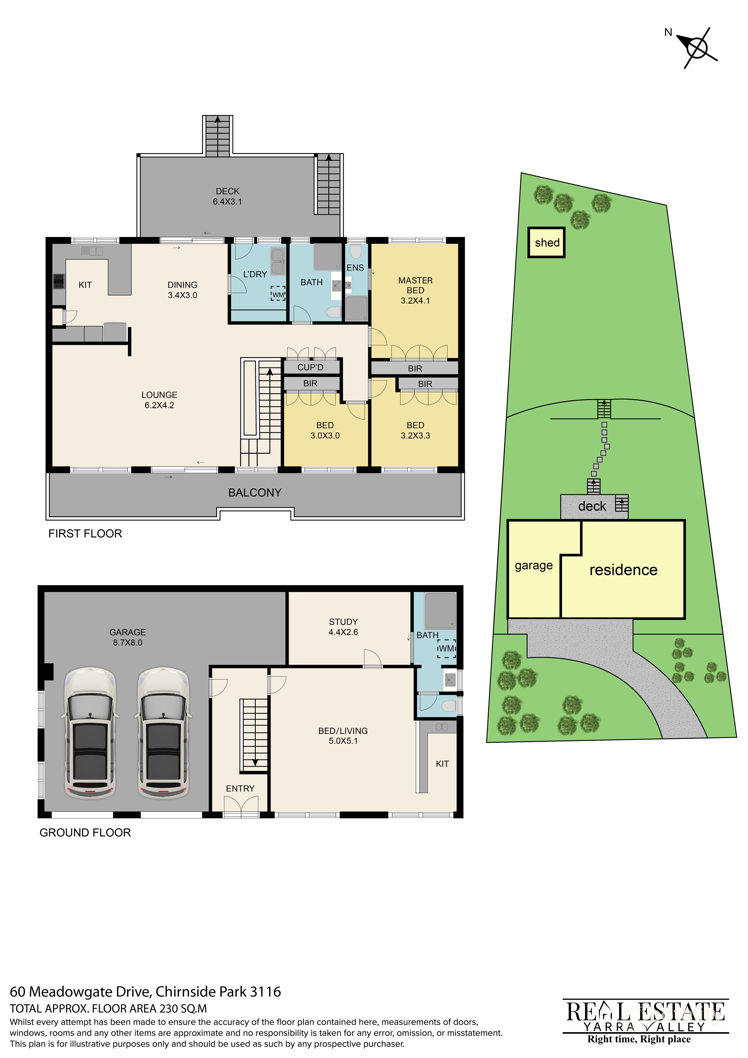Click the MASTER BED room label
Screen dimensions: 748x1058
(x=415, y=290)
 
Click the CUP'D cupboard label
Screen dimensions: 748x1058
(x=310, y=367)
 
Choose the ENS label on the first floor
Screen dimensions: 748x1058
(x=355, y=268)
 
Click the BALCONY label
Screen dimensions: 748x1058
(x=255, y=493)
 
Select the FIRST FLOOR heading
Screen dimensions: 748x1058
(x=85, y=534)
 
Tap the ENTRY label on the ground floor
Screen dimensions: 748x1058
(x=240, y=788)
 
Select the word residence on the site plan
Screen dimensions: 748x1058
(x=623, y=570)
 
